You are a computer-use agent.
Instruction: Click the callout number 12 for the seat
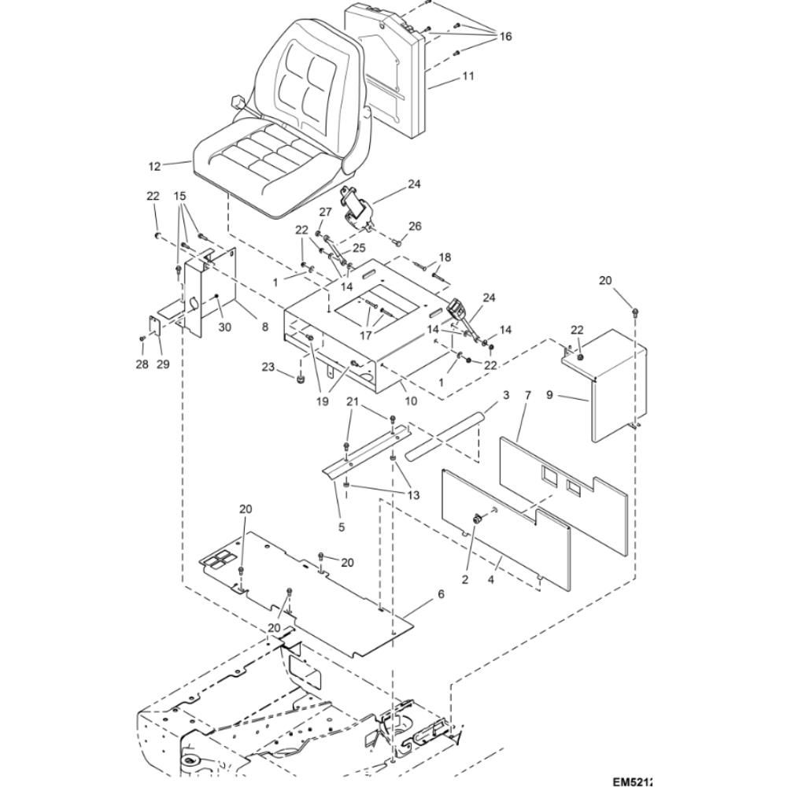[x=154, y=166]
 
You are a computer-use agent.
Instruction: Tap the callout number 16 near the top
[x=504, y=37]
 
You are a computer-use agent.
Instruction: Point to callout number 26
[x=415, y=227]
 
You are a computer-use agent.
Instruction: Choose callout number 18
[x=445, y=257]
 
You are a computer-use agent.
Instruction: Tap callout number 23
[x=268, y=367]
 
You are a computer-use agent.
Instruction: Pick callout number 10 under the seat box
[x=410, y=400]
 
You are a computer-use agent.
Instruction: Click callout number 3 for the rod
[x=506, y=393]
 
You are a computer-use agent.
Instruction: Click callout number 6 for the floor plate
[x=441, y=594]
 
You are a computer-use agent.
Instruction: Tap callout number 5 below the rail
[x=342, y=527]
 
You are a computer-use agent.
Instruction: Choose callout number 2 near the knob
[x=465, y=580]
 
